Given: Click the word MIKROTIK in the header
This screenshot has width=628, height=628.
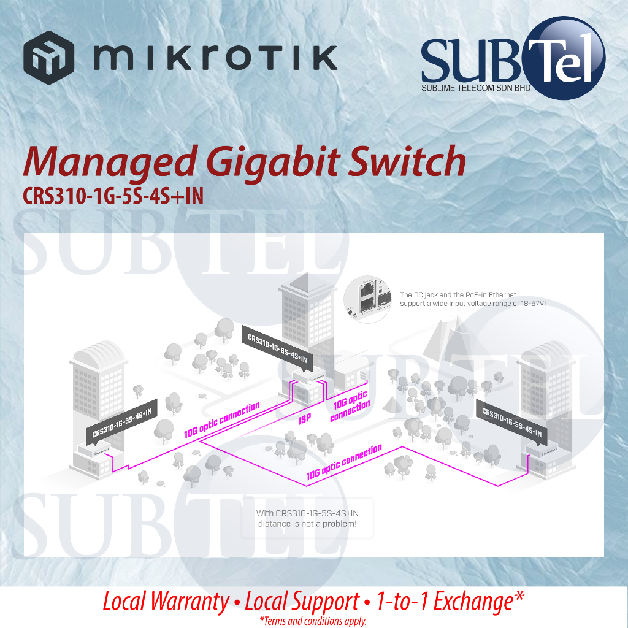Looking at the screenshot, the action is pyautogui.click(x=215, y=57).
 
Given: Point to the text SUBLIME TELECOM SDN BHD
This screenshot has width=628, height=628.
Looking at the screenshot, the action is pyautogui.click(x=476, y=89).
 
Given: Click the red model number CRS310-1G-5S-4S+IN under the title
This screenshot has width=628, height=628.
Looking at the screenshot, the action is pyautogui.click(x=113, y=194).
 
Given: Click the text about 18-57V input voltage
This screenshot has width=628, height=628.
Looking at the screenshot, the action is pyautogui.click(x=472, y=299).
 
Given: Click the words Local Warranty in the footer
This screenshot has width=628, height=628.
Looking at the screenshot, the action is pyautogui.click(x=165, y=602).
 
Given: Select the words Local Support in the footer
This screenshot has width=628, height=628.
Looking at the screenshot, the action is pyautogui.click(x=302, y=602).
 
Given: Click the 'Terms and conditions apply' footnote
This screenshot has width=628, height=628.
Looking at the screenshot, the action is pyautogui.click(x=313, y=621).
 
